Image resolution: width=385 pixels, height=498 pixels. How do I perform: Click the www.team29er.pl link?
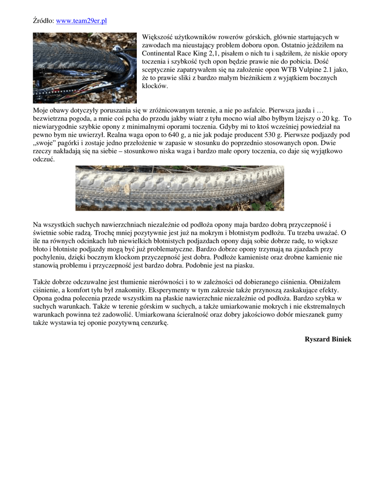[x=81, y=21]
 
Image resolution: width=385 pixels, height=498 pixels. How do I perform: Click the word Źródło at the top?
[x=43, y=21]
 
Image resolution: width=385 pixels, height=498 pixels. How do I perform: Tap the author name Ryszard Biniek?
[x=328, y=339]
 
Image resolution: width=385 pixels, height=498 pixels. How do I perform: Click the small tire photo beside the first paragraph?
[x=85, y=68]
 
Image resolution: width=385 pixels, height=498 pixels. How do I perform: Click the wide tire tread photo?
[x=180, y=188]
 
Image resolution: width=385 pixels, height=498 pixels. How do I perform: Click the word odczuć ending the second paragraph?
[x=44, y=160]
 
